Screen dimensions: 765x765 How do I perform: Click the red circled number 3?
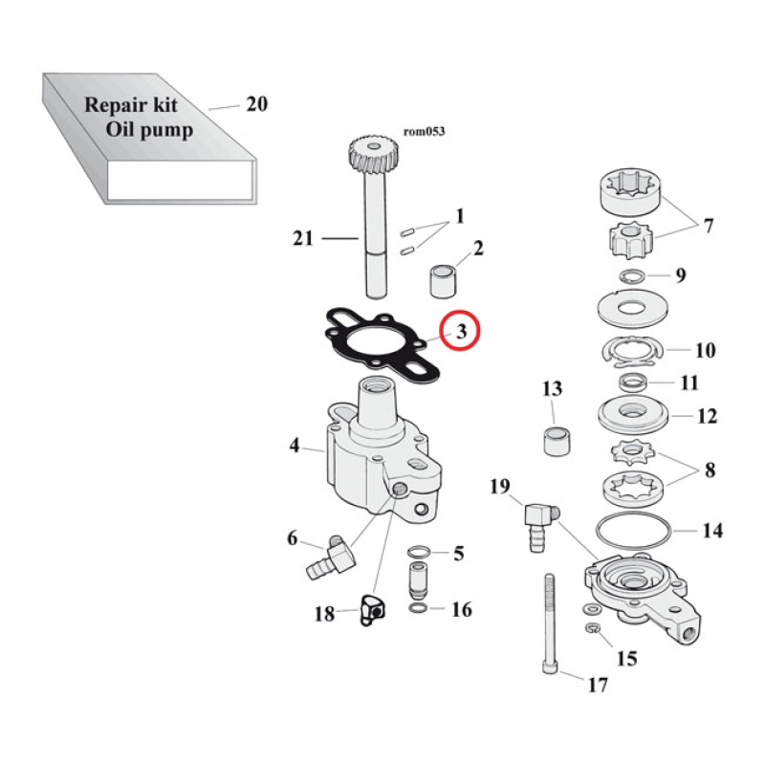pos(460,332)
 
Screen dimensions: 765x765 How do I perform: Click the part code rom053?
pos(426,133)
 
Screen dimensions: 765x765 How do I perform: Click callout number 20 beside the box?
pos(256,104)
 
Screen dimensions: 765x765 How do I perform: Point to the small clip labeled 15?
pos(593,628)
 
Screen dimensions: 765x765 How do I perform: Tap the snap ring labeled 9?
pos(630,276)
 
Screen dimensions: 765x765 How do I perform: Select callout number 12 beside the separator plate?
pos(709,417)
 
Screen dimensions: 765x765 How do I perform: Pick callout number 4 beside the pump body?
pos(295,446)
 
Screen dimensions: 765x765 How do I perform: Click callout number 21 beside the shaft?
pos(303,238)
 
